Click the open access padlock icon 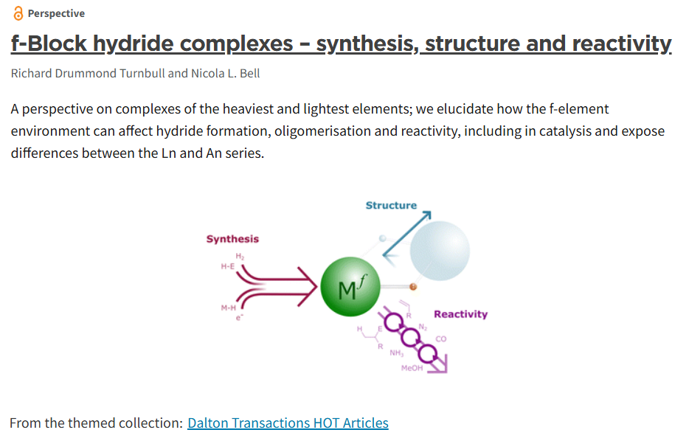[x=18, y=14]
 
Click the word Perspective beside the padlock [x=56, y=14]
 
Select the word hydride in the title [x=135, y=44]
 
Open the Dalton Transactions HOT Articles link [x=288, y=423]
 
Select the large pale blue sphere [x=440, y=250]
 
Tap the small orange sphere [x=413, y=286]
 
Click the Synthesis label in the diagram [x=232, y=239]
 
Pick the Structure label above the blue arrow [x=391, y=205]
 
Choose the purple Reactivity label [x=460, y=314]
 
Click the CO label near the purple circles [x=440, y=338]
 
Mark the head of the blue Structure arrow [x=426, y=217]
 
